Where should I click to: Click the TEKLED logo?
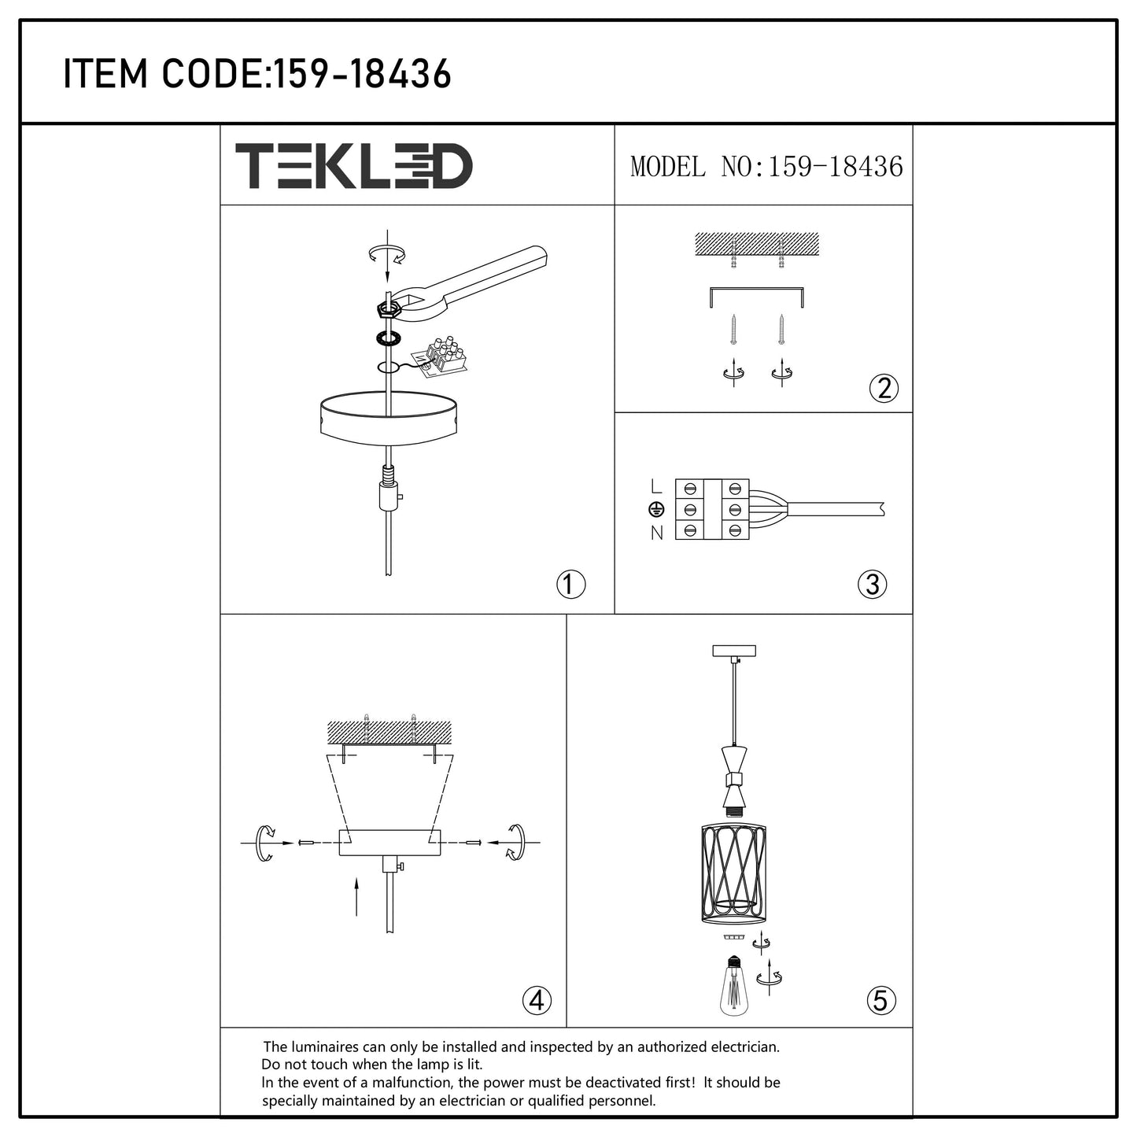coord(354,166)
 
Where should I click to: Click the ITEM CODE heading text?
coord(257,74)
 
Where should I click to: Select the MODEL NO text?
coord(766,167)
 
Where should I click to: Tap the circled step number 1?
coord(570,585)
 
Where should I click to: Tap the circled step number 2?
coord(884,388)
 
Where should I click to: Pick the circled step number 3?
coord(872,585)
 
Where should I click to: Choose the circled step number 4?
coord(537,1001)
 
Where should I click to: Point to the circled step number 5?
coord(880,1001)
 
